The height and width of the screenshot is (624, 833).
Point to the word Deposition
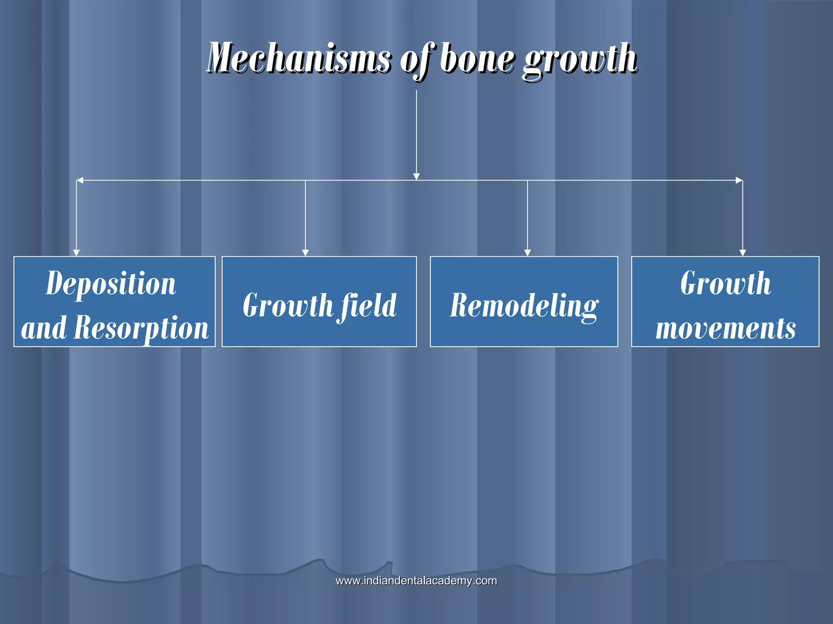111,283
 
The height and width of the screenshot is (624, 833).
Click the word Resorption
141,328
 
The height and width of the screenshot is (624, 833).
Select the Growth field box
319,301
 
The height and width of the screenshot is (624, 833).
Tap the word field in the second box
369,305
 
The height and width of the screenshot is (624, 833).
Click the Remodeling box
524,301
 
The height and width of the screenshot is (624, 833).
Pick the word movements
726,328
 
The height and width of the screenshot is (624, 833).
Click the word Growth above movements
726,283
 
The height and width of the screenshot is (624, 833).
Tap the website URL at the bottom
416,581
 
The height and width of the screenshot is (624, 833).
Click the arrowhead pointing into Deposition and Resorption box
76,253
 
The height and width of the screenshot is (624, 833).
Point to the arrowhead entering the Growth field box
305,253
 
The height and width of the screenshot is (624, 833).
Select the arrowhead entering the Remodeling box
528,253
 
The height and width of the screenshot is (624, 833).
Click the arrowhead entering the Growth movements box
743,253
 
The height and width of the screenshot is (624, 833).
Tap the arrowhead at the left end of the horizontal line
80,180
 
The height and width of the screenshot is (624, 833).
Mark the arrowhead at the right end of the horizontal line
739,180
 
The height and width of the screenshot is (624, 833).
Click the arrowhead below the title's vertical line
416,176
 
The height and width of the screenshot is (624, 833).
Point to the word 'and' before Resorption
44,328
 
